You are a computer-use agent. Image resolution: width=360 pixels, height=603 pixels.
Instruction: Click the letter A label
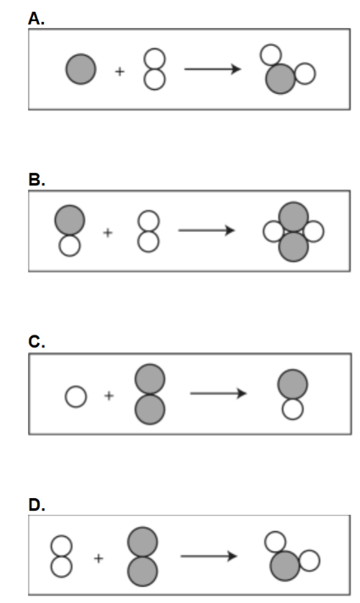[x=36, y=19]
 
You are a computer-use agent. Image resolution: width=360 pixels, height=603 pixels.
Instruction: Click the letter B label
[x=36, y=180]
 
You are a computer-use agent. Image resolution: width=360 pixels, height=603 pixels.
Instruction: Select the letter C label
[x=36, y=341]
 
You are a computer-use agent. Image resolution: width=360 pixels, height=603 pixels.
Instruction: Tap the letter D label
[x=36, y=505]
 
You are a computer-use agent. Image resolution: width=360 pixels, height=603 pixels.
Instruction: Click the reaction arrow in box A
[x=213, y=69]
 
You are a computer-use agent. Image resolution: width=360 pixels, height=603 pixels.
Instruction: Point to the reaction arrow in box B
[x=207, y=230]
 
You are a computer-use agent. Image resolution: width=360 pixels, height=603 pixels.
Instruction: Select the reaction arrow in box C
[x=219, y=394]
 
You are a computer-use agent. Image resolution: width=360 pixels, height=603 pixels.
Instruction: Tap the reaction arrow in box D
[x=209, y=556]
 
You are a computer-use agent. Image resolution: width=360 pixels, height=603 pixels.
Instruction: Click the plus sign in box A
[x=120, y=71]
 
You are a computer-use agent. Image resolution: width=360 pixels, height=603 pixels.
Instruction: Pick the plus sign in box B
[x=108, y=233]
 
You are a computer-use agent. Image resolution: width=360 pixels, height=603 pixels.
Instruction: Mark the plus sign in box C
[x=108, y=396]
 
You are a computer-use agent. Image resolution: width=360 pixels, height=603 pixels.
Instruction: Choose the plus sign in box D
[x=98, y=558]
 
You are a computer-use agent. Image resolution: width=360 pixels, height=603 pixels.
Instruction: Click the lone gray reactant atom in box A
[x=80, y=69]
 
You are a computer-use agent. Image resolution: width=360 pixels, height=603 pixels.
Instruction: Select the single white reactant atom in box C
[x=75, y=396]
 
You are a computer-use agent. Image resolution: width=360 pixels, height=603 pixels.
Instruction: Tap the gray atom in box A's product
[x=280, y=79]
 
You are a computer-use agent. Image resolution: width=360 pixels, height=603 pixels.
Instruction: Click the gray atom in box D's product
[x=285, y=566]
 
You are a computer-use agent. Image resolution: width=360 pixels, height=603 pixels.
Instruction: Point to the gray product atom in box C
[x=293, y=384]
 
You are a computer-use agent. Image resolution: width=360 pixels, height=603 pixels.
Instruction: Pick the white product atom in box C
[x=293, y=409]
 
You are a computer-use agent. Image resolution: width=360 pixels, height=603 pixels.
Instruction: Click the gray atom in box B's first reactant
[x=69, y=220]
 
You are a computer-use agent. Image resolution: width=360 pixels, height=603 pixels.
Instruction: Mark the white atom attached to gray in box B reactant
[x=69, y=246]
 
